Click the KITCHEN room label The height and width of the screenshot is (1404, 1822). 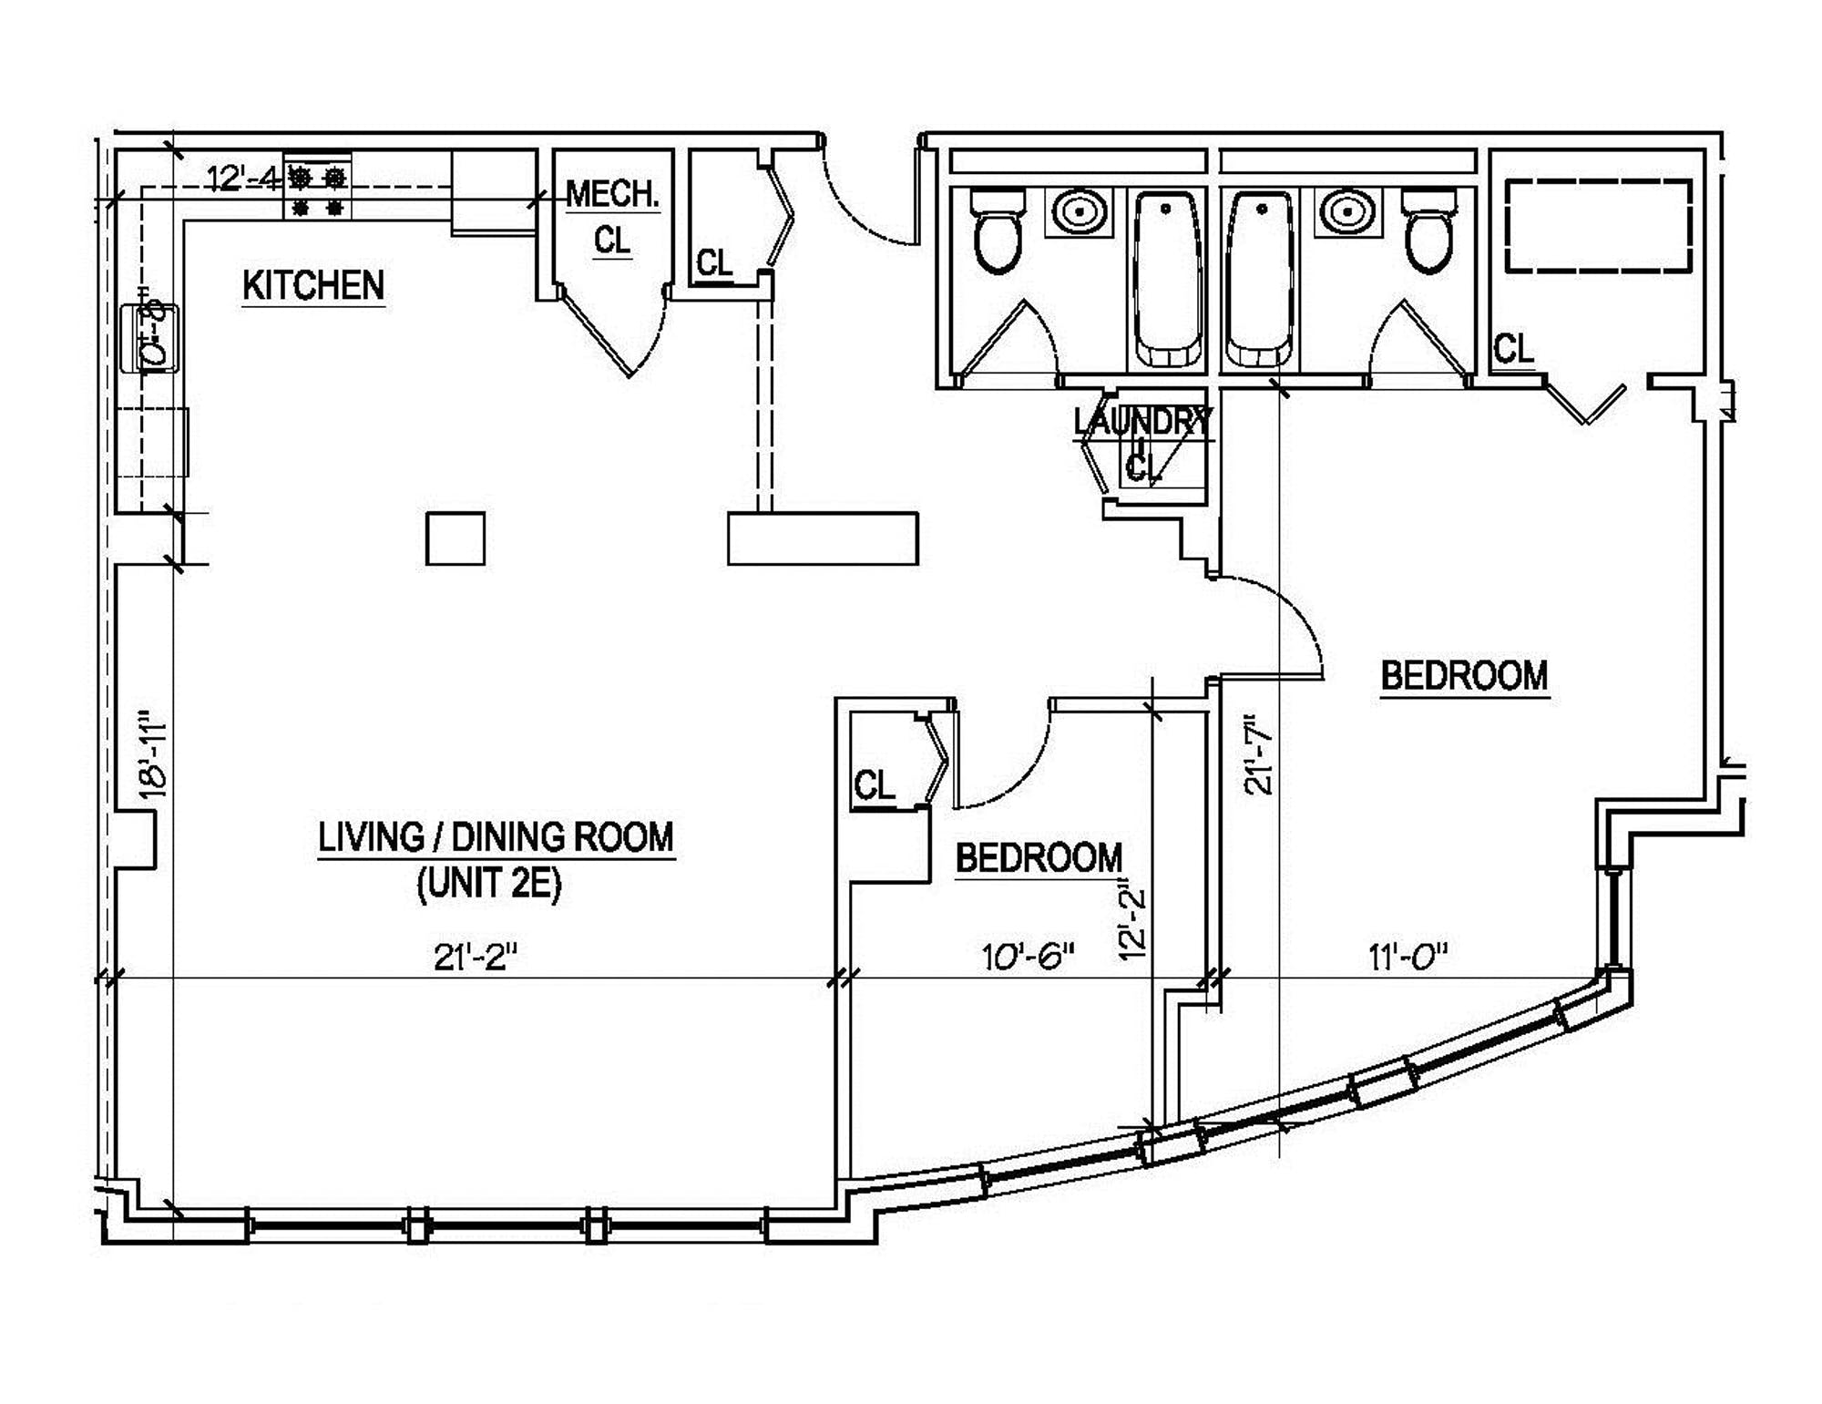coord(313,286)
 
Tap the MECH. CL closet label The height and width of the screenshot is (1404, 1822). coord(612,217)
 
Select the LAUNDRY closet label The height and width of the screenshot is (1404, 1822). coord(1142,422)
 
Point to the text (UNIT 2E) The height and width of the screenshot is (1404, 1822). coord(489,884)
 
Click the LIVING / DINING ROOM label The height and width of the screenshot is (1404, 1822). coord(496,837)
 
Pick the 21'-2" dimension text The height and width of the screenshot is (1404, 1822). coord(476,957)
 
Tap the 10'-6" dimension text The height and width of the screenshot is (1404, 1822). coord(1028,957)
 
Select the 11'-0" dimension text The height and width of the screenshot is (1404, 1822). coord(1407,957)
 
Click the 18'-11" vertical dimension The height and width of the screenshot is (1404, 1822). coord(153,755)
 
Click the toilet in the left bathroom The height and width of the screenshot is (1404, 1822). coord(998,230)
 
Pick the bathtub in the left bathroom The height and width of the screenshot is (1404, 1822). coord(1167,278)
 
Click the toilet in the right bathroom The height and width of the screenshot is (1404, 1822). coord(1429,230)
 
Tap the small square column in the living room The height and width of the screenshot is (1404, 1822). coord(455,538)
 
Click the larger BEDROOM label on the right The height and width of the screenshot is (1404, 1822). coord(1464,676)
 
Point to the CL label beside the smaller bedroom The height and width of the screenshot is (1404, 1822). coord(875,784)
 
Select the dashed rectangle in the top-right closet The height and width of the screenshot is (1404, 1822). coord(1598,226)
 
